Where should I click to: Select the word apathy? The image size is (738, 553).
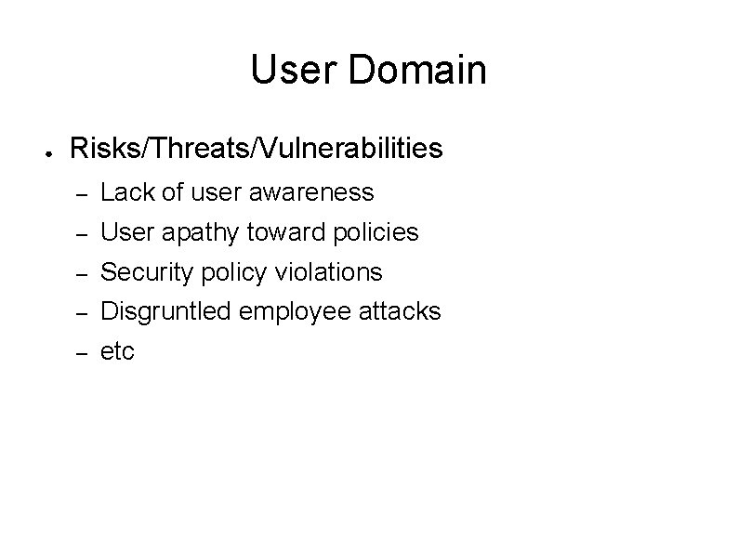(191, 232)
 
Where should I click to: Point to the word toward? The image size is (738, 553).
(281, 232)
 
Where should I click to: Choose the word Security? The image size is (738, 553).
(140, 272)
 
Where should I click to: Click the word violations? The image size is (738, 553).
(330, 272)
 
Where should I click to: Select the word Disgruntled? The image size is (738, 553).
(166, 312)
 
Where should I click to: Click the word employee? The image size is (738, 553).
(295, 312)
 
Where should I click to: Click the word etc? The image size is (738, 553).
(117, 352)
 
